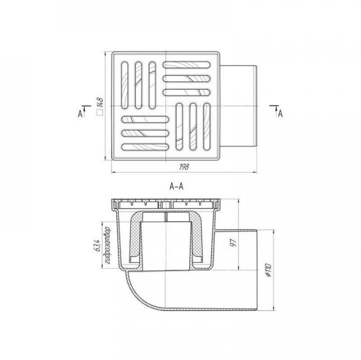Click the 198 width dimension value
(x=184, y=166)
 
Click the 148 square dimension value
(x=100, y=102)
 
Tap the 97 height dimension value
(x=233, y=243)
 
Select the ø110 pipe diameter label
(x=269, y=270)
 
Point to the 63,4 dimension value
(x=97, y=246)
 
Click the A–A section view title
(x=176, y=186)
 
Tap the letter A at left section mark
(x=80, y=113)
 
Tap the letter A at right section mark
(x=280, y=113)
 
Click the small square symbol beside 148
(x=100, y=112)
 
